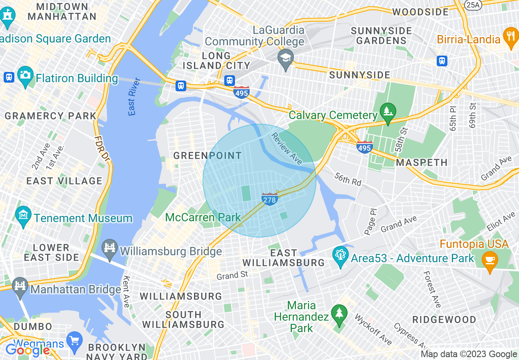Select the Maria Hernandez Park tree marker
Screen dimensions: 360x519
click(339, 314)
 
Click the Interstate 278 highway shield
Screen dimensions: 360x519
click(270, 199)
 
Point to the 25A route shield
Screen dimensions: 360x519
click(473, 4)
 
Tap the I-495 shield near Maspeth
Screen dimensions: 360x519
click(364, 147)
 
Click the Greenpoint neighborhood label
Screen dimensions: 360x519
click(208, 155)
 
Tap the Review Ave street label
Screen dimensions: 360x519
click(287, 148)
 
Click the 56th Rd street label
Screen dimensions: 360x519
click(348, 179)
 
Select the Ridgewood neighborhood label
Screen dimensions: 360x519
click(444, 319)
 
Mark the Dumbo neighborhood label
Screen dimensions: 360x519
click(33, 326)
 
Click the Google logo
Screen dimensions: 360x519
click(27, 350)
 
